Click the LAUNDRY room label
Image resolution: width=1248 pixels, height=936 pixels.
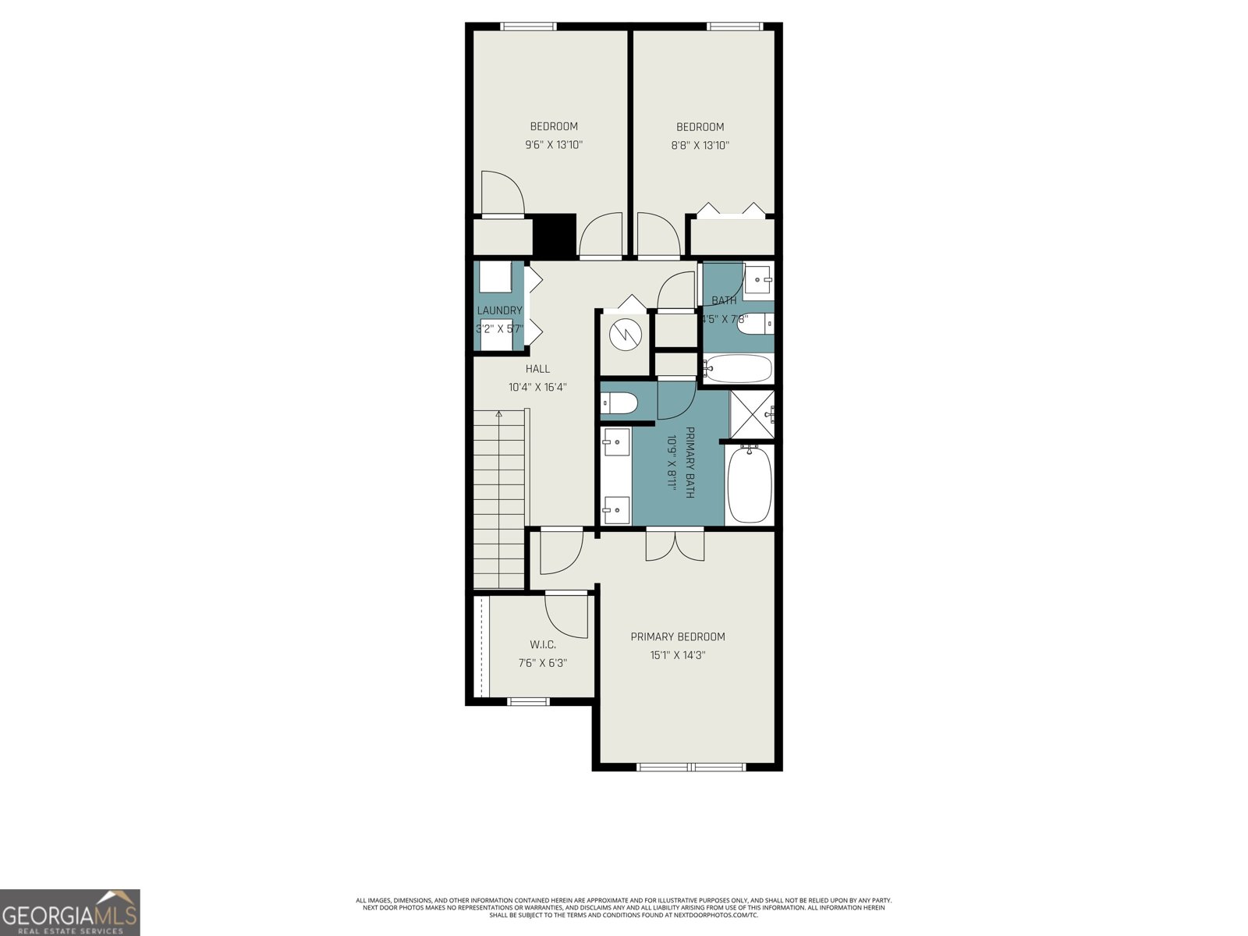point(499,310)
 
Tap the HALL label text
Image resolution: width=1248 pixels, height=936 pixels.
point(537,369)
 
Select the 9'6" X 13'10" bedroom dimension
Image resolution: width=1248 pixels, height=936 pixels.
point(554,145)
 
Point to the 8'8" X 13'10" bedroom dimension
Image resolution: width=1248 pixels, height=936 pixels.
point(700,145)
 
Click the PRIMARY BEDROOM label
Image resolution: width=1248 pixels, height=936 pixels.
point(678,637)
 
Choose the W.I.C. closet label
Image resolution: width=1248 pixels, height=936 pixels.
point(542,645)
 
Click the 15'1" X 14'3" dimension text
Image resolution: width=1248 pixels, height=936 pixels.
point(678,656)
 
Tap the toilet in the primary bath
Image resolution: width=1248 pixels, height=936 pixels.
point(621,404)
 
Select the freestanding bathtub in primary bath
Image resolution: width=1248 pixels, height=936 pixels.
point(749,484)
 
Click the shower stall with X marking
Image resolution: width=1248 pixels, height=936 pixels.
point(751,413)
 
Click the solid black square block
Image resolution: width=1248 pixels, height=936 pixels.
point(554,234)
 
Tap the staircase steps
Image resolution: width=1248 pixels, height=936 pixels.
point(499,499)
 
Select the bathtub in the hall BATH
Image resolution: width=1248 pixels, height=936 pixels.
point(738,368)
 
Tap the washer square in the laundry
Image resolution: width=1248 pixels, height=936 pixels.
point(495,278)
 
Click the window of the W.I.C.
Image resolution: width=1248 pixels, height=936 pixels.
point(529,701)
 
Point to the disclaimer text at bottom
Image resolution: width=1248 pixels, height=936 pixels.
point(624,908)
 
